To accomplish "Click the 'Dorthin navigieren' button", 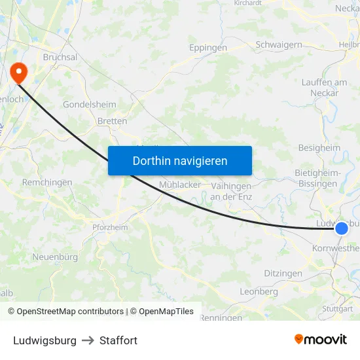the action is click(x=180, y=160).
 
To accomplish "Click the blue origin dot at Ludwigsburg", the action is click(x=342, y=228).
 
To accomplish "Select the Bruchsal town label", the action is click(x=60, y=58).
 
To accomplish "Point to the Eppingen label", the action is click(x=208, y=48).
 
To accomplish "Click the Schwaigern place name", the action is click(x=279, y=45).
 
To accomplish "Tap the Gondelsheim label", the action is click(x=90, y=105).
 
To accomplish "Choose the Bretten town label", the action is click(x=112, y=121).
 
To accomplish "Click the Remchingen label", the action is click(x=47, y=183).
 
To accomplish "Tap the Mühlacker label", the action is click(x=180, y=185).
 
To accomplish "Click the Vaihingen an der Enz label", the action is click(x=231, y=190).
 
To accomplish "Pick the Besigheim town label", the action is click(x=319, y=148).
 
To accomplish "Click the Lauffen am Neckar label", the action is click(x=325, y=88).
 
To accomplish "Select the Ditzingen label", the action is click(x=283, y=273).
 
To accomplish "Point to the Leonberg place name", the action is click(x=259, y=291).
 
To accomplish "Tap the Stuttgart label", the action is click(x=338, y=308).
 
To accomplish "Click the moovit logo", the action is click(x=321, y=340).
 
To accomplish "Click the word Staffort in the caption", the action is click(x=118, y=340).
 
